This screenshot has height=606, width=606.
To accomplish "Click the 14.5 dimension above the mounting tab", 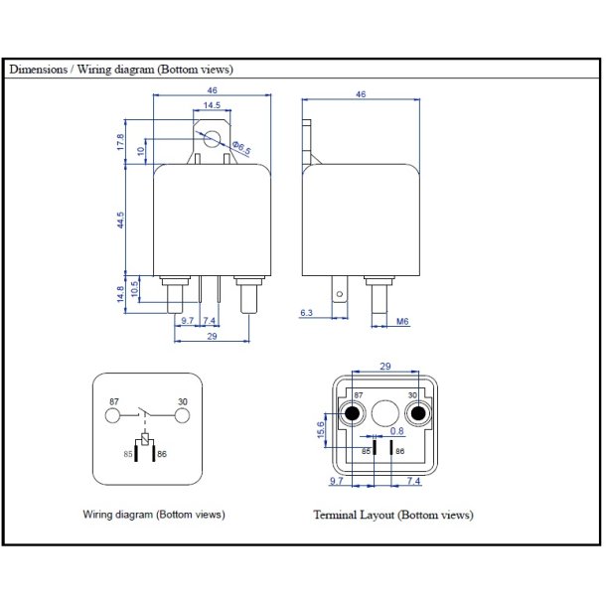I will coord(212,105).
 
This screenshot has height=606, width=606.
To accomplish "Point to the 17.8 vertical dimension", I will coord(121,143).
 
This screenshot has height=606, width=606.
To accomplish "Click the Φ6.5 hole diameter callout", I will coord(241,147).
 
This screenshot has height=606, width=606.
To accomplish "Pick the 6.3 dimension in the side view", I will coord(307,312).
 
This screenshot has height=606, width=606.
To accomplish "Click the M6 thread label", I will coord(403,322).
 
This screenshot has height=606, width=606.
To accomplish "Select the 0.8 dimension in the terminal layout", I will coord(396,431).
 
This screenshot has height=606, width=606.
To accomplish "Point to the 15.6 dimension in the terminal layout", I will coord(320,425).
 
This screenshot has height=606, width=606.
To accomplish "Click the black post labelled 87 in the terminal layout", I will coord(352,413).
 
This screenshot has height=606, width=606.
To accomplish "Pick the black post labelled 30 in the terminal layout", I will coord(418,413).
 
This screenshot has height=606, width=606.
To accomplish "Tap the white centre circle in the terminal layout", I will coord(385,411).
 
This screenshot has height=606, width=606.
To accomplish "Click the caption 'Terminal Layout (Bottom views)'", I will coord(393,515).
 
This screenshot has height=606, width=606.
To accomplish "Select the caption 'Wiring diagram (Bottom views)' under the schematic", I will coord(154,515).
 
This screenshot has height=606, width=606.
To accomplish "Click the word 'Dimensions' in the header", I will coord(37,71).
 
